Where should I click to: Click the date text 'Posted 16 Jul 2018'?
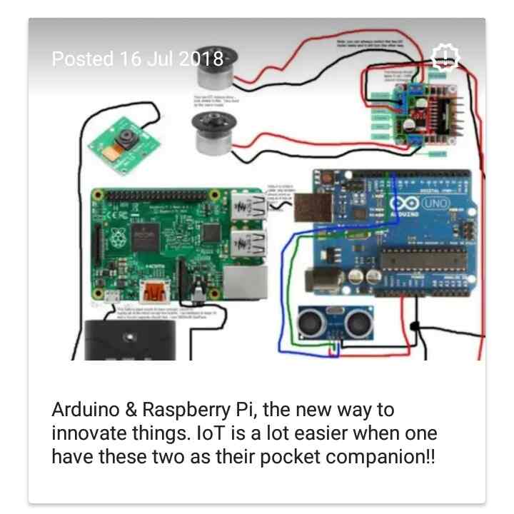pos(138,59)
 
